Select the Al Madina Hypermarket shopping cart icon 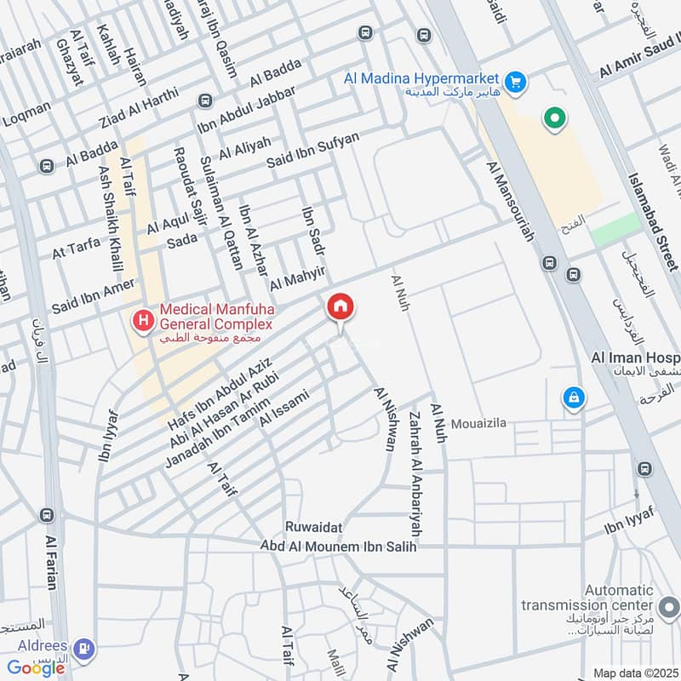[514, 83]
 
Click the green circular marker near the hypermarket [555, 118]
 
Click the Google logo [36, 668]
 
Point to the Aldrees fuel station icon [83, 650]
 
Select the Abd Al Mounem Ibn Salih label [338, 547]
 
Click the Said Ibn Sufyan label [312, 150]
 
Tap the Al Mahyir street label [298, 277]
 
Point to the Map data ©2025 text [633, 673]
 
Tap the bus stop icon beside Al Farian [48, 515]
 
